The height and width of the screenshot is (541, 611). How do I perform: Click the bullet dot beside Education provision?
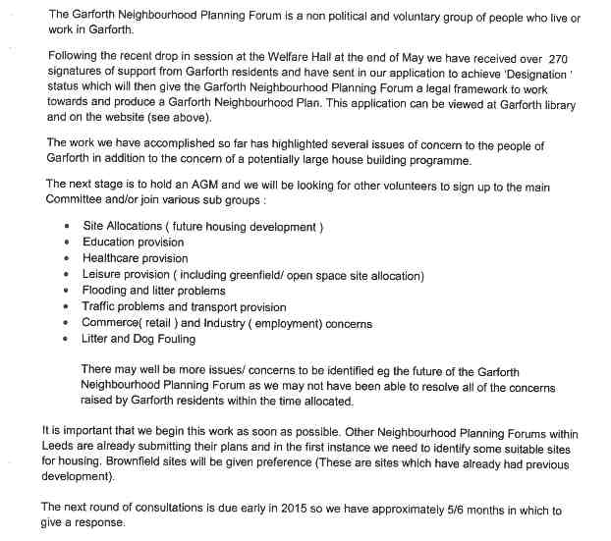(66, 243)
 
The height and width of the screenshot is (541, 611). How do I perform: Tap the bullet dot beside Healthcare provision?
(66, 258)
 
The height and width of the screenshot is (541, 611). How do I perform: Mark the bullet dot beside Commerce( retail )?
(66, 323)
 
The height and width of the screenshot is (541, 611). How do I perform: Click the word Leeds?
(58, 446)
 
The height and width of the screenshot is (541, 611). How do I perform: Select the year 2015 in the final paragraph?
(267, 510)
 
